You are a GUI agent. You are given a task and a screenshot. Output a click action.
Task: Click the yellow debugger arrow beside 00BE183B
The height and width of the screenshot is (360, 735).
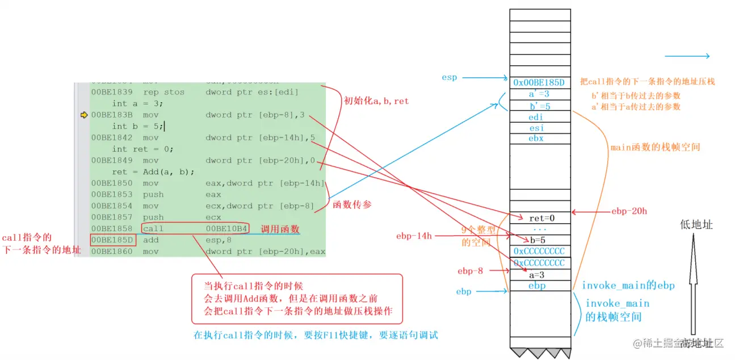pos(84,115)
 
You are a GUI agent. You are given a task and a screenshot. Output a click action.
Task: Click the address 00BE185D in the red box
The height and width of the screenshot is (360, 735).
pos(112,240)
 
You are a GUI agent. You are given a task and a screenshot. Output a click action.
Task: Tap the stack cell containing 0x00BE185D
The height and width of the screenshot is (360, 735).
pos(539,82)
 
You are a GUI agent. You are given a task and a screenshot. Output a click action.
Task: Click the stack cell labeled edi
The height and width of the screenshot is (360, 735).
pos(536,117)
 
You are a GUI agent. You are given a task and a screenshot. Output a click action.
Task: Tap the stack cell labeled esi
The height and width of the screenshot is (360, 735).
pos(536,128)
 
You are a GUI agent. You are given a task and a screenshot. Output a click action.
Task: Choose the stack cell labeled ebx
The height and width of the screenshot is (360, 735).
pos(536,139)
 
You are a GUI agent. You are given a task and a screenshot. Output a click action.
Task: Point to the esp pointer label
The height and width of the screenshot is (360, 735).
pos(450,77)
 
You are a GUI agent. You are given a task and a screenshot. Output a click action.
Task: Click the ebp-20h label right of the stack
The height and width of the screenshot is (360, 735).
pos(629,211)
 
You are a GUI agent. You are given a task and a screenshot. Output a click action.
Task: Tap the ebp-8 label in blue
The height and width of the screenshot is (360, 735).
pos(471,271)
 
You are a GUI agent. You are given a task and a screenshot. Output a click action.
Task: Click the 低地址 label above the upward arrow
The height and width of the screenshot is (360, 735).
pos(696,225)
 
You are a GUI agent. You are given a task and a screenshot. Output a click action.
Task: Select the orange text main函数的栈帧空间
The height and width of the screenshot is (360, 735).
pos(655,147)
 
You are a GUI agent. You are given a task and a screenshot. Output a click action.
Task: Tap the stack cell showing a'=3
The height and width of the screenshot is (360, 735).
pos(539,94)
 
